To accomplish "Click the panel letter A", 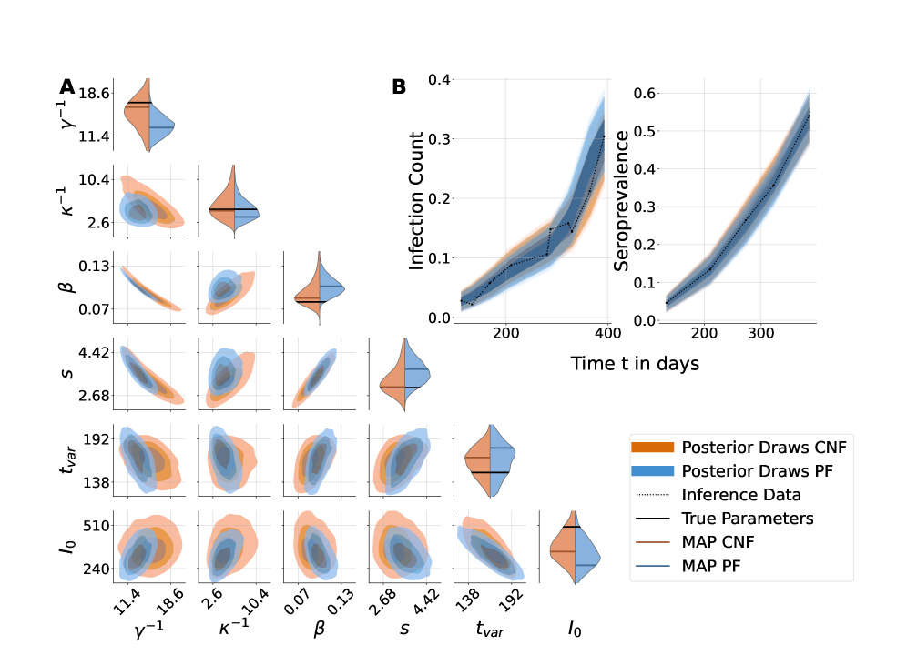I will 67,87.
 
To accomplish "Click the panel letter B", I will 399,87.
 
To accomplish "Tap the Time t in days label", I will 636,364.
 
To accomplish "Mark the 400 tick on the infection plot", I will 606,334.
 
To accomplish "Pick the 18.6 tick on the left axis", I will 96,93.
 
